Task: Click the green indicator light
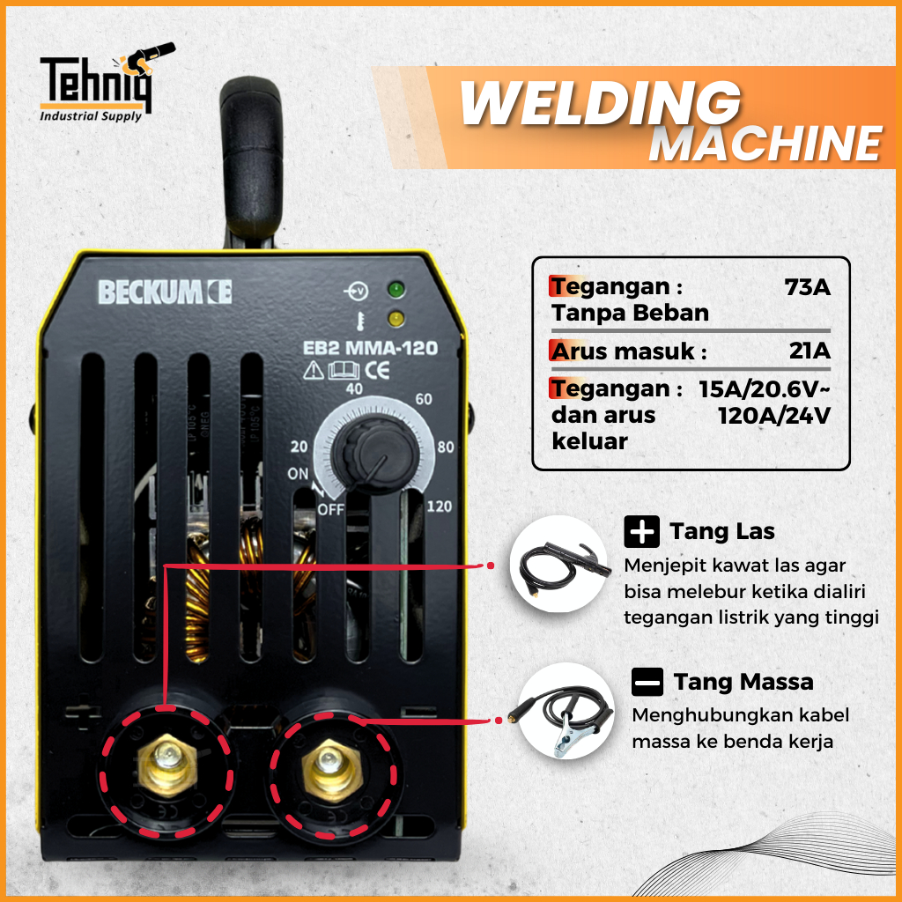[x=396, y=290]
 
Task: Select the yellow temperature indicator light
[x=396, y=317]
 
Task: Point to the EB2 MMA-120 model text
[x=371, y=348]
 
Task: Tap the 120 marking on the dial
[x=439, y=506]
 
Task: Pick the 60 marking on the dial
[x=424, y=399]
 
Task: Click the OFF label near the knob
[x=331, y=509]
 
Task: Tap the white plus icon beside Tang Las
[x=641, y=531]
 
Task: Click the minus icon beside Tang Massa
[x=647, y=683]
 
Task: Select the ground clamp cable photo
[x=566, y=712]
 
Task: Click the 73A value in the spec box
[x=808, y=286]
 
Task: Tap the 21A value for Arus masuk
[x=810, y=351]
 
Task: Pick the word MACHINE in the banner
[x=765, y=144]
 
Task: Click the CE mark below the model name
[x=377, y=370]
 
